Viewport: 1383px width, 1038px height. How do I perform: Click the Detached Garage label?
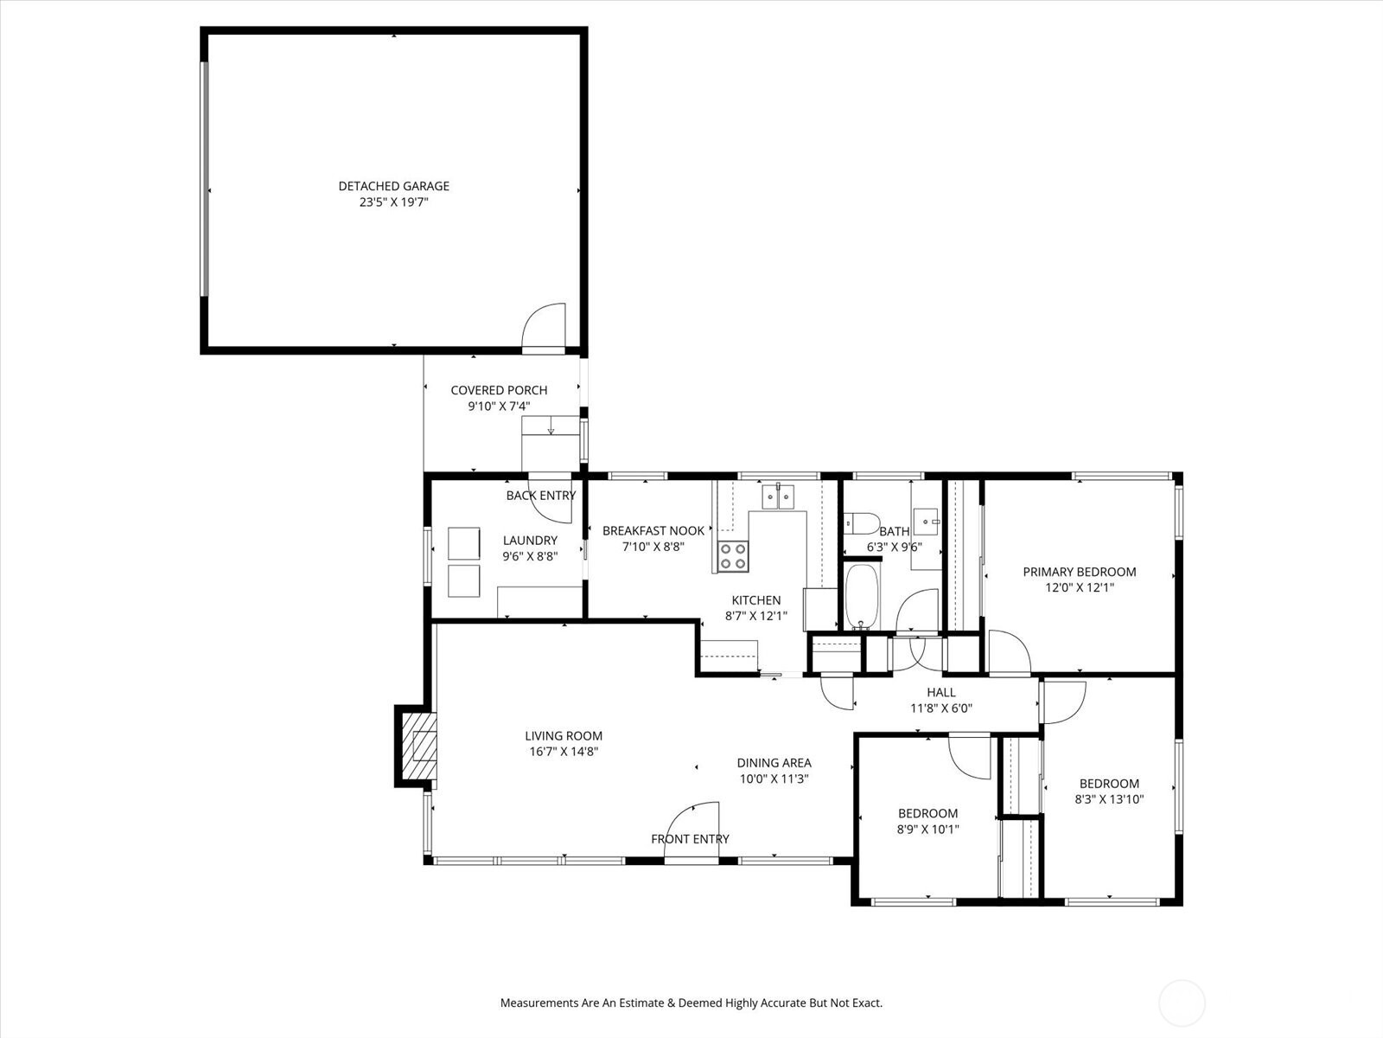coord(393,186)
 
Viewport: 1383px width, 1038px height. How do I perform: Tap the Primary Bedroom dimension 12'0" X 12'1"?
coord(1079,587)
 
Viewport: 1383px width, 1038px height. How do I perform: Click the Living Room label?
coord(564,736)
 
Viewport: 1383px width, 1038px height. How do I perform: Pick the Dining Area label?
coord(774,763)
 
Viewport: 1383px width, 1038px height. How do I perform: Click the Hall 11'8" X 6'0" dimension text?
coord(940,708)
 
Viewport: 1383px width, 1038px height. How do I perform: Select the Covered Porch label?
coord(499,390)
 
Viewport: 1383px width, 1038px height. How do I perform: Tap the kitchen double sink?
coord(778,497)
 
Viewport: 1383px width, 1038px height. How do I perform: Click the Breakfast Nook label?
coord(653,530)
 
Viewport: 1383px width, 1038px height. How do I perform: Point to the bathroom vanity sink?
coord(928,522)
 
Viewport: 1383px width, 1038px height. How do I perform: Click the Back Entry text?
coord(540,496)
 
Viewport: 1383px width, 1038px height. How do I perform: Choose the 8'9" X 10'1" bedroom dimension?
coord(927,829)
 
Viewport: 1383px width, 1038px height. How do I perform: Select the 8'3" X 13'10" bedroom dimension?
coord(1109,799)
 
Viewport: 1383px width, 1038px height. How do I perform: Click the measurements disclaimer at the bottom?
coord(691,1003)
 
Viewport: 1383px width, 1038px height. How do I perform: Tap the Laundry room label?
coord(530,541)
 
